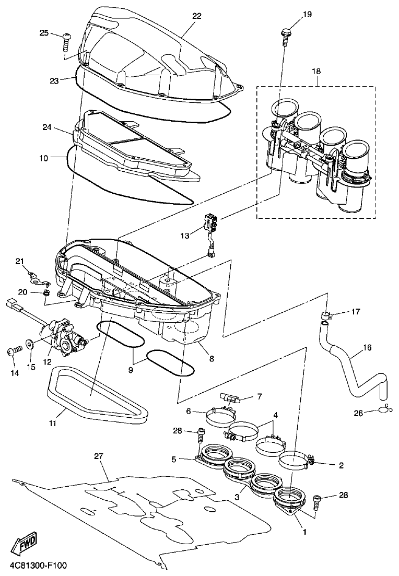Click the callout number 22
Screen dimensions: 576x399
coord(196,16)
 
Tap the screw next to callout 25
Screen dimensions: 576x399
coord(67,40)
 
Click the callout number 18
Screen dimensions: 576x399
coord(316,71)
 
